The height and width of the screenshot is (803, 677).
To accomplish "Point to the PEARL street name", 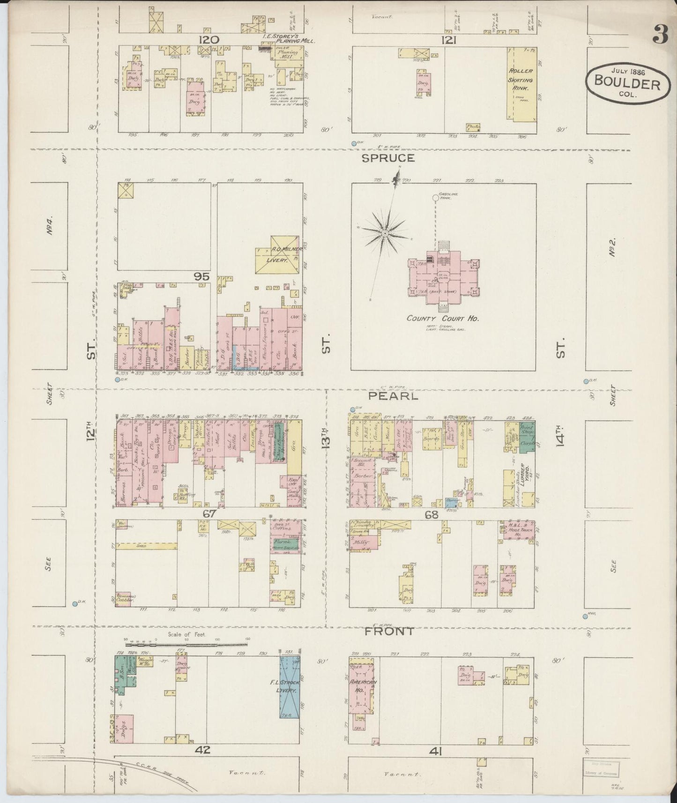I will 392,396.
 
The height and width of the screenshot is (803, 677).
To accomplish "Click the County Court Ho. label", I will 442,318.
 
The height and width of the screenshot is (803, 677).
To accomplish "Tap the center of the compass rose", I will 385,233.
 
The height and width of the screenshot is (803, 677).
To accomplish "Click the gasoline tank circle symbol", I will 435,198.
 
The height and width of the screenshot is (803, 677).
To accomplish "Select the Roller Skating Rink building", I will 521,84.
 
